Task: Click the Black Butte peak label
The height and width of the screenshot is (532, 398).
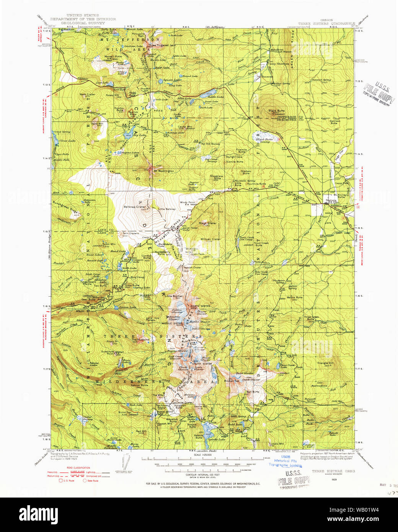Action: coord(276,111)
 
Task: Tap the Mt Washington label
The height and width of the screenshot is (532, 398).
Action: coord(163,171)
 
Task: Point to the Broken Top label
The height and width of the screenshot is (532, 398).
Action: coord(232,381)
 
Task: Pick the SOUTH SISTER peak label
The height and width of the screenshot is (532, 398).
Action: coord(202,363)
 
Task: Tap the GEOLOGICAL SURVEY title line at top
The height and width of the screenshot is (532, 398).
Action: coord(83,23)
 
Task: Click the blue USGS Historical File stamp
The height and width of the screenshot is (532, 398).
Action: coord(285,461)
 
